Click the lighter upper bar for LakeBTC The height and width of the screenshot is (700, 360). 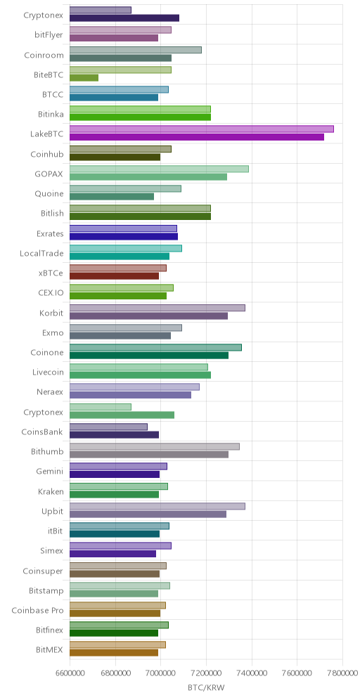click(x=201, y=129)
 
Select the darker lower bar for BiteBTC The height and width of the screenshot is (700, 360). click(x=84, y=78)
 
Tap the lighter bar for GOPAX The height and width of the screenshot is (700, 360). click(x=159, y=169)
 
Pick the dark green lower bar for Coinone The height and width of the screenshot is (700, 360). click(x=149, y=356)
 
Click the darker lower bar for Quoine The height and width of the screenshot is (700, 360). click(x=112, y=196)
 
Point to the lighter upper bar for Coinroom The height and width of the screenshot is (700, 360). click(x=136, y=50)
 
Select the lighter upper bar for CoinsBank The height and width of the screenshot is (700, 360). click(x=108, y=427)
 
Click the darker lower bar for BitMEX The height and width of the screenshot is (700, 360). click(x=114, y=653)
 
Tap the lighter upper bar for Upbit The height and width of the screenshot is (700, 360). click(x=157, y=506)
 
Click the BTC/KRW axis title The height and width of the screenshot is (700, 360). click(x=206, y=687)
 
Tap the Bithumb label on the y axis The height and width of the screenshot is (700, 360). click(x=47, y=452)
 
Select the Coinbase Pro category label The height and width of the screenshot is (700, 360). click(x=37, y=610)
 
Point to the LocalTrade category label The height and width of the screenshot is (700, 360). click(x=41, y=254)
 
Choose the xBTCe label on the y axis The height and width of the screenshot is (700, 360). click(x=51, y=273)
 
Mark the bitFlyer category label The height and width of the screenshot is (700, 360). click(x=49, y=35)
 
